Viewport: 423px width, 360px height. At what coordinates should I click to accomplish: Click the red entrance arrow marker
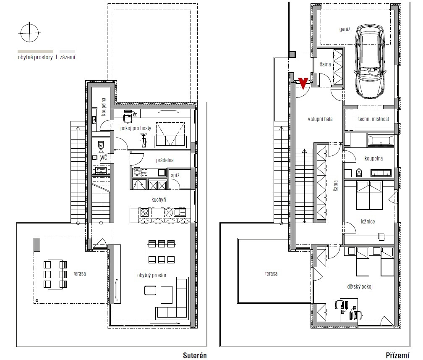coord(303,84)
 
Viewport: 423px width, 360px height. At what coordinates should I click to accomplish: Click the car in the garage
coord(369,62)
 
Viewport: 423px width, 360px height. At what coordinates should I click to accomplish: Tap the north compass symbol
coord(30,33)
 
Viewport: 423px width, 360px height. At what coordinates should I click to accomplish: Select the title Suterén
coord(195,355)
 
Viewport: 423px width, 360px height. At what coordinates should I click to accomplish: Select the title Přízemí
coord(397,355)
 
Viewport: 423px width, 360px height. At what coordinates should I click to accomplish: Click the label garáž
coord(345,29)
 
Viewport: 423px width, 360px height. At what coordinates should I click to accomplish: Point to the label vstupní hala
coord(320,119)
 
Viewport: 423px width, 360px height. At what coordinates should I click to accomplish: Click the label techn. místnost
coord(373,119)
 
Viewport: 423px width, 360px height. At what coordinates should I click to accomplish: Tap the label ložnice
coord(368,221)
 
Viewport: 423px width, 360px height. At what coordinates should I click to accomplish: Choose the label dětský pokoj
coord(360,286)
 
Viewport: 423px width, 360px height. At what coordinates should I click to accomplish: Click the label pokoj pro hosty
coord(136,128)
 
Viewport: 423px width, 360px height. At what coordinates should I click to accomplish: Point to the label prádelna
coord(165,160)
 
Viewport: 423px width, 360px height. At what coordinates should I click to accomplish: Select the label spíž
coord(175,175)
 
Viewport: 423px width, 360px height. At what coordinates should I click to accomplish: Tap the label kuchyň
coord(159,200)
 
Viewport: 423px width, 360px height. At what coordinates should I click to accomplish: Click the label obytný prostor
coord(152,275)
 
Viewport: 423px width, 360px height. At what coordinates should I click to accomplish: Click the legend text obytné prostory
coord(35,57)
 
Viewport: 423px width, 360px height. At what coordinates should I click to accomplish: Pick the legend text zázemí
coord(68,57)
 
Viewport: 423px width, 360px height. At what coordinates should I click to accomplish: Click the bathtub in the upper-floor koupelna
coord(380,141)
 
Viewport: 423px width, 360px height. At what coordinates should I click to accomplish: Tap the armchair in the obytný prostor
coord(150,290)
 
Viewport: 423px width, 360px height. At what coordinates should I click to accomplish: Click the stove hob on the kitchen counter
coord(144,212)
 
